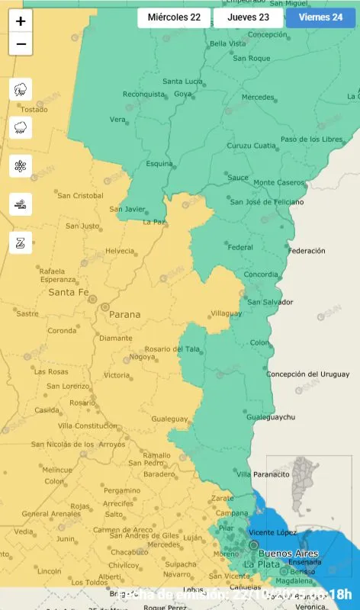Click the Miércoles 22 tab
[x=174, y=18]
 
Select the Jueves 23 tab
[x=248, y=18]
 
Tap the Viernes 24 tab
[x=320, y=18]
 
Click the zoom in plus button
[x=21, y=21]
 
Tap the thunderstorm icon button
[x=21, y=89]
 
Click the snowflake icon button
[x=21, y=165]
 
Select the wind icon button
[x=21, y=204]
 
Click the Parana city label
[x=125, y=313]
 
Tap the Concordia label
[x=261, y=274]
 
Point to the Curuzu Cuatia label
[x=252, y=146]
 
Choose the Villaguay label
[x=226, y=313]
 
